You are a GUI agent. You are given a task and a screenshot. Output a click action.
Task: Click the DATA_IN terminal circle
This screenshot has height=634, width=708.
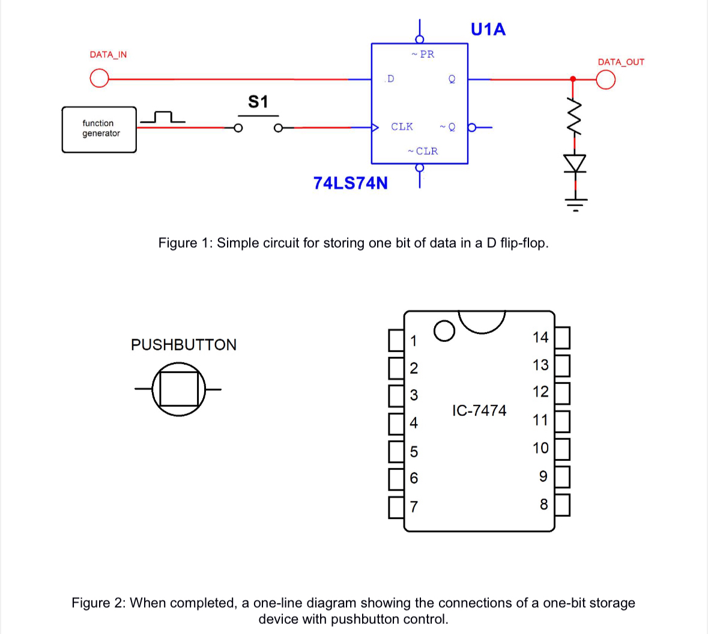click(x=99, y=79)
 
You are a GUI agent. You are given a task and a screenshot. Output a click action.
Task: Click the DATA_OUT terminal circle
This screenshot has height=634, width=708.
click(x=606, y=79)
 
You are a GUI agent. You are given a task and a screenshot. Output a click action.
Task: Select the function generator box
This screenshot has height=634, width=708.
click(x=99, y=129)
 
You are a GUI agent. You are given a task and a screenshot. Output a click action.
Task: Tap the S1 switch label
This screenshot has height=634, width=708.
click(x=258, y=102)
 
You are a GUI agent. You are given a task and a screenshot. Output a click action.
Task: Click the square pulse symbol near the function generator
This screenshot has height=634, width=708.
click(x=163, y=117)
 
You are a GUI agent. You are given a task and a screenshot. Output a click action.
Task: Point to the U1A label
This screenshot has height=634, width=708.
click(x=488, y=29)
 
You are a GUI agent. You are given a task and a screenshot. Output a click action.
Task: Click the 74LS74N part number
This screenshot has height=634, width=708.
click(x=350, y=183)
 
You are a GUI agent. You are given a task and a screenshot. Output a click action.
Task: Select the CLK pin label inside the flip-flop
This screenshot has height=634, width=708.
click(x=402, y=127)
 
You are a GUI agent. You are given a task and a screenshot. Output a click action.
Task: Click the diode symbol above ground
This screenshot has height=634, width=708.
click(x=575, y=163)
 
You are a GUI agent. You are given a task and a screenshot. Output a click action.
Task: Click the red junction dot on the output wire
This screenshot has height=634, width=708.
click(x=573, y=79)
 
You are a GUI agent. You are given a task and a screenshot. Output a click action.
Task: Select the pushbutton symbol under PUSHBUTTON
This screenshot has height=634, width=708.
click(x=178, y=389)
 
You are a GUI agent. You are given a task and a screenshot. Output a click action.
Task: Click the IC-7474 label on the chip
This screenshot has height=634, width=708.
click(x=479, y=410)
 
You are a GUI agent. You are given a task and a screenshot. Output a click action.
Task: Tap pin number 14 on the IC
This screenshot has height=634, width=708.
click(x=540, y=337)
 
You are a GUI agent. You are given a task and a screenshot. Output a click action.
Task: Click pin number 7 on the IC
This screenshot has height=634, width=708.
click(x=413, y=507)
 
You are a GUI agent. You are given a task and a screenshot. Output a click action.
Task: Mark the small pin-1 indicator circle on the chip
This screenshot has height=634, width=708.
click(x=444, y=331)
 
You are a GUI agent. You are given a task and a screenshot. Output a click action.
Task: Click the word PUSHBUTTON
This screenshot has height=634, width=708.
click(x=184, y=344)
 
